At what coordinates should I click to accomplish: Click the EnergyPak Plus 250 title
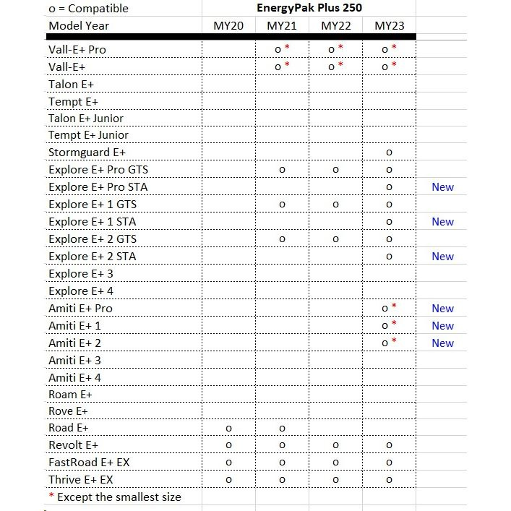pos(309,8)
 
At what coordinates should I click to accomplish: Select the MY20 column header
pos(228,26)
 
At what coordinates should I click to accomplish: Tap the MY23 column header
pos(390,26)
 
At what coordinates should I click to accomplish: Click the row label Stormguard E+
pos(87,153)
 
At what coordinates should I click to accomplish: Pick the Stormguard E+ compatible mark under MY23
pos(390,153)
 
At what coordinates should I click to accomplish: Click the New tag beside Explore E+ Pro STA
pos(442,187)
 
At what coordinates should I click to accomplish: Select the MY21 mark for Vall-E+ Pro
pos(278,49)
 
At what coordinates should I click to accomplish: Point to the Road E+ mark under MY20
pos(228,428)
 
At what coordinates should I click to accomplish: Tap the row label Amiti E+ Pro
pos(80,309)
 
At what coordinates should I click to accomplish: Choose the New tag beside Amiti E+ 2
pos(442,343)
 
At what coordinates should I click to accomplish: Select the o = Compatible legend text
pos(88,9)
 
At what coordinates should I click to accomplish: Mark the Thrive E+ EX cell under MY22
pos(335,480)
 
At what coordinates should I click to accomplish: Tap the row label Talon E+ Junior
pos(86,118)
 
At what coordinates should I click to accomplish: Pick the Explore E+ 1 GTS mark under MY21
pos(282,205)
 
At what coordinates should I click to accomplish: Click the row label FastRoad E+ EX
pos(89,463)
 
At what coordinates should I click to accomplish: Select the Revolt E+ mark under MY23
pos(390,445)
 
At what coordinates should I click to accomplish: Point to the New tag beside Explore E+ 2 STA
pos(442,257)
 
